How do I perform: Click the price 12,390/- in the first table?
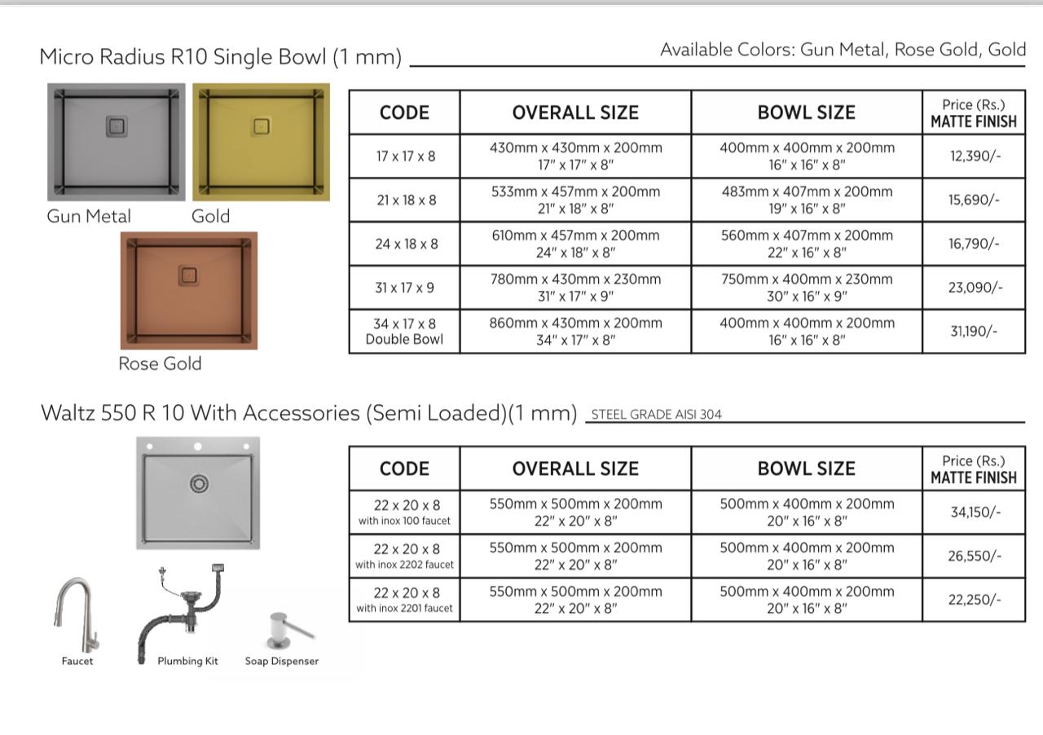click(974, 156)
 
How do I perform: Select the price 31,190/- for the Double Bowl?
click(974, 331)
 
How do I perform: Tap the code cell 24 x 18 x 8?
click(405, 244)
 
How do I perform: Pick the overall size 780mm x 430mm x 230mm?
click(575, 279)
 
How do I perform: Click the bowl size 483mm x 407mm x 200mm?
click(807, 191)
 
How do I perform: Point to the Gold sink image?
click(262, 141)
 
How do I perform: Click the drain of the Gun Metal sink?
click(117, 126)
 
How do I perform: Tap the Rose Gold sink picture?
click(189, 290)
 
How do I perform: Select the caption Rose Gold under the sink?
click(160, 363)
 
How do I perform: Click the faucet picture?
click(77, 614)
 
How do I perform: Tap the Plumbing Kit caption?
click(187, 661)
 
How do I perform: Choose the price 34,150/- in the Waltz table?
click(974, 512)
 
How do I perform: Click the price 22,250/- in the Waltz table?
click(974, 600)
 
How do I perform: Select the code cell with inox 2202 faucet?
click(405, 556)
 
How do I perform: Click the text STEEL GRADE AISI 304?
click(656, 414)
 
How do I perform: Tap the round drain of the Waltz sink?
click(199, 484)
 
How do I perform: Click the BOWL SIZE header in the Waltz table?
click(807, 469)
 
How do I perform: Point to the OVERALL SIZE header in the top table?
click(575, 112)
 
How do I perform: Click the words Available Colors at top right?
click(727, 50)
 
